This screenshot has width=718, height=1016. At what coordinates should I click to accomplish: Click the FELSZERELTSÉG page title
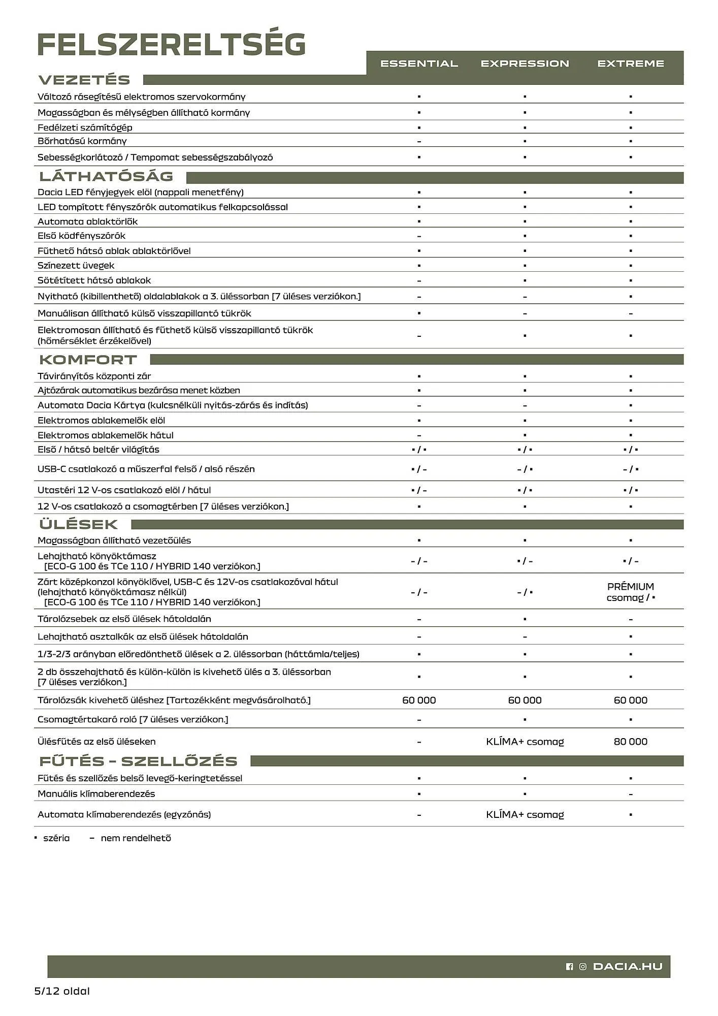pyautogui.click(x=172, y=45)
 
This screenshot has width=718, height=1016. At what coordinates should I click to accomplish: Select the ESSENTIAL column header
pyautogui.click(x=419, y=63)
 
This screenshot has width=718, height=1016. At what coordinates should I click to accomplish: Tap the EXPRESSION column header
pyautogui.click(x=525, y=63)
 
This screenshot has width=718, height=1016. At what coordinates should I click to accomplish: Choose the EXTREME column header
pyautogui.click(x=630, y=63)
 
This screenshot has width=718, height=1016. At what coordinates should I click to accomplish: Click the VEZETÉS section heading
pyautogui.click(x=84, y=80)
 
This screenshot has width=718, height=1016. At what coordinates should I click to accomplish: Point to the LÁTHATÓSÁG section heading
pyautogui.click(x=106, y=176)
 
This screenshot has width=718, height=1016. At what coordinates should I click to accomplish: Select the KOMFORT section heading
pyautogui.click(x=88, y=360)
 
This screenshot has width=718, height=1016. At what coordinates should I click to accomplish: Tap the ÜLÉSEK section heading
pyautogui.click(x=78, y=524)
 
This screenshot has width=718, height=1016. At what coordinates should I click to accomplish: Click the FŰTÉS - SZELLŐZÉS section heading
pyautogui.click(x=138, y=761)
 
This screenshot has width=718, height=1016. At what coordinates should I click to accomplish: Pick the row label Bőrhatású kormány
pyautogui.click(x=82, y=141)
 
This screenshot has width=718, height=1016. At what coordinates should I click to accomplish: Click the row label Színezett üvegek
pyautogui.click(x=76, y=265)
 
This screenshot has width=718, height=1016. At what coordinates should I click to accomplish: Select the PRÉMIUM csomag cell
pyautogui.click(x=630, y=592)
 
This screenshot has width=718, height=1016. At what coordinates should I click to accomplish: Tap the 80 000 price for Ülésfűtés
pyautogui.click(x=630, y=742)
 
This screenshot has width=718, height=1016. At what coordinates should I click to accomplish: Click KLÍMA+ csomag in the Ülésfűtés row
pyautogui.click(x=525, y=742)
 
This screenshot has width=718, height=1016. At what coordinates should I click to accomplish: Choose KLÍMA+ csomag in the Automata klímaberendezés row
pyautogui.click(x=525, y=814)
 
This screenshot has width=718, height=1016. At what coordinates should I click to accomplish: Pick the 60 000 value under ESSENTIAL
pyautogui.click(x=419, y=700)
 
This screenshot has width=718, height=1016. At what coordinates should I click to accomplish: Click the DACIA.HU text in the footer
pyautogui.click(x=628, y=967)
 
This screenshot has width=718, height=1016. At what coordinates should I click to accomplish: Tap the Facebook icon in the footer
pyautogui.click(x=569, y=967)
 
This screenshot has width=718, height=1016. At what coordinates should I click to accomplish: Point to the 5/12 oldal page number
pyautogui.click(x=61, y=991)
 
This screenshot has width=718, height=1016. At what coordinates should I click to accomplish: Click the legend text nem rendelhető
pyautogui.click(x=136, y=838)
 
